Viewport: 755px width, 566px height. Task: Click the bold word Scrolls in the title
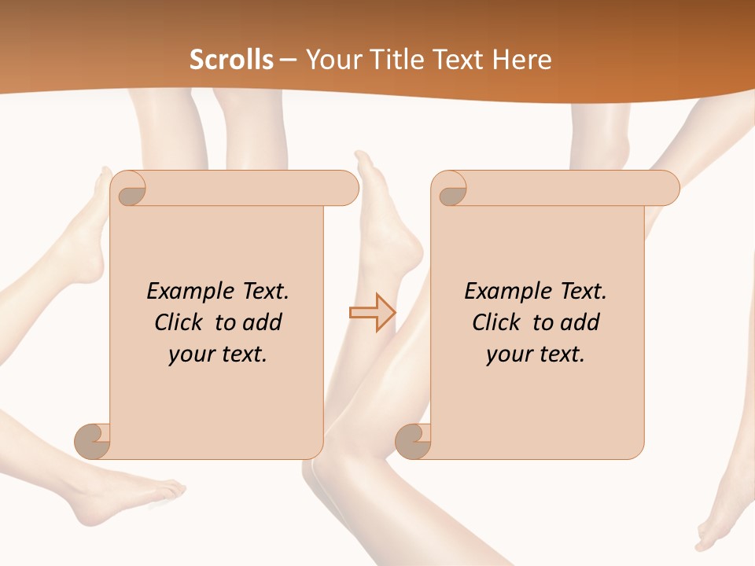[231, 60]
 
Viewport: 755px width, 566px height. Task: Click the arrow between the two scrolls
[372, 312]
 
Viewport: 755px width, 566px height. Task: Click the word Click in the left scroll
[179, 322]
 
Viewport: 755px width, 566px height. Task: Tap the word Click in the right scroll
[496, 322]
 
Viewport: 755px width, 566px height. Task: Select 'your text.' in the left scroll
[218, 354]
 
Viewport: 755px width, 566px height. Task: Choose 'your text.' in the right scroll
[536, 354]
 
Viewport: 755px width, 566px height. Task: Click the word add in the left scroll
[263, 322]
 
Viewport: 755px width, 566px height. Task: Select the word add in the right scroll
[581, 322]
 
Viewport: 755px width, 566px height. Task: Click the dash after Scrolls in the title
[288, 60]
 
